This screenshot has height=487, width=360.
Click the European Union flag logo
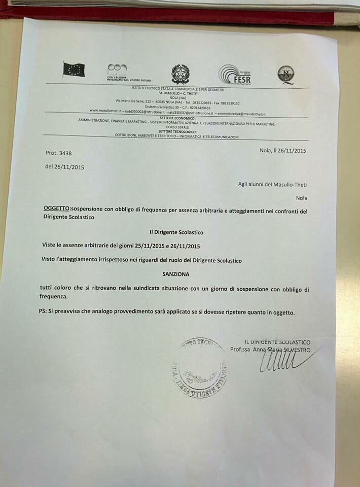tap(74, 69)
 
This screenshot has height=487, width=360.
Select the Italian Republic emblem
tap(179, 74)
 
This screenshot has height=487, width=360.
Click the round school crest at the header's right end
tap(285, 75)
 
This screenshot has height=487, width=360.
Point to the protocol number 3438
tap(70, 152)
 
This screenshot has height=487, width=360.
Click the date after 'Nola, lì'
tap(290, 150)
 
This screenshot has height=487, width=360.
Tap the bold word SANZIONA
tap(176, 274)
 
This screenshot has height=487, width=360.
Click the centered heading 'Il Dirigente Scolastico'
tap(176, 232)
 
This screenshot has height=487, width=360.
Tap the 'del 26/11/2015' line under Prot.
tap(64, 167)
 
